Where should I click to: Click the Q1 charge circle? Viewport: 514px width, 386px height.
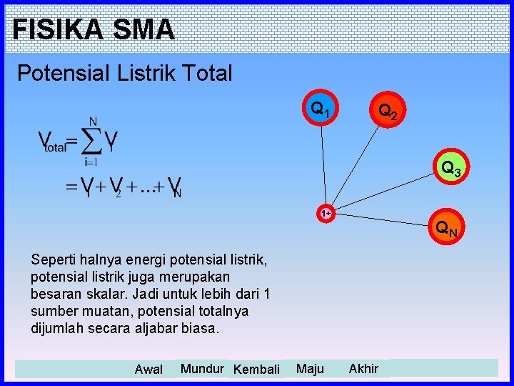click(x=320, y=109)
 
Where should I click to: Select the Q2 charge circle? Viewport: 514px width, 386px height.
click(x=390, y=112)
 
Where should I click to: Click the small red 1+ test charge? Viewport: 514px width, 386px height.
click(x=326, y=213)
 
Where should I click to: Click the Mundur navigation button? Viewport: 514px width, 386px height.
click(x=202, y=369)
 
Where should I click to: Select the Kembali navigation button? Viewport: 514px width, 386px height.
click(x=256, y=370)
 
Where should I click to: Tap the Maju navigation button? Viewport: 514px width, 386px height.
click(x=310, y=369)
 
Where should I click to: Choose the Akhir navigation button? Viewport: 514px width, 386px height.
click(x=363, y=369)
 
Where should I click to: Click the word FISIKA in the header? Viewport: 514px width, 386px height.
click(x=54, y=30)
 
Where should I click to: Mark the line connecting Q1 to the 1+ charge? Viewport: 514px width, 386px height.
click(x=323, y=164)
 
